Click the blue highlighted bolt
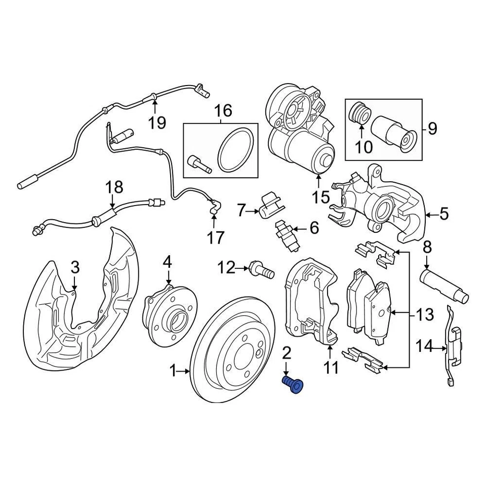(x=293, y=384)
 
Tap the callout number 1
(x=173, y=372)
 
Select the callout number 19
(x=157, y=123)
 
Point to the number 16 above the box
(x=223, y=110)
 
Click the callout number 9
(x=432, y=129)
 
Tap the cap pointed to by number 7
(x=270, y=206)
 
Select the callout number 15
(x=321, y=196)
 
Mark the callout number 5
(x=443, y=214)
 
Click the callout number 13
(x=425, y=315)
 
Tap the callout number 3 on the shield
(x=75, y=267)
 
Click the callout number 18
(x=114, y=187)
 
